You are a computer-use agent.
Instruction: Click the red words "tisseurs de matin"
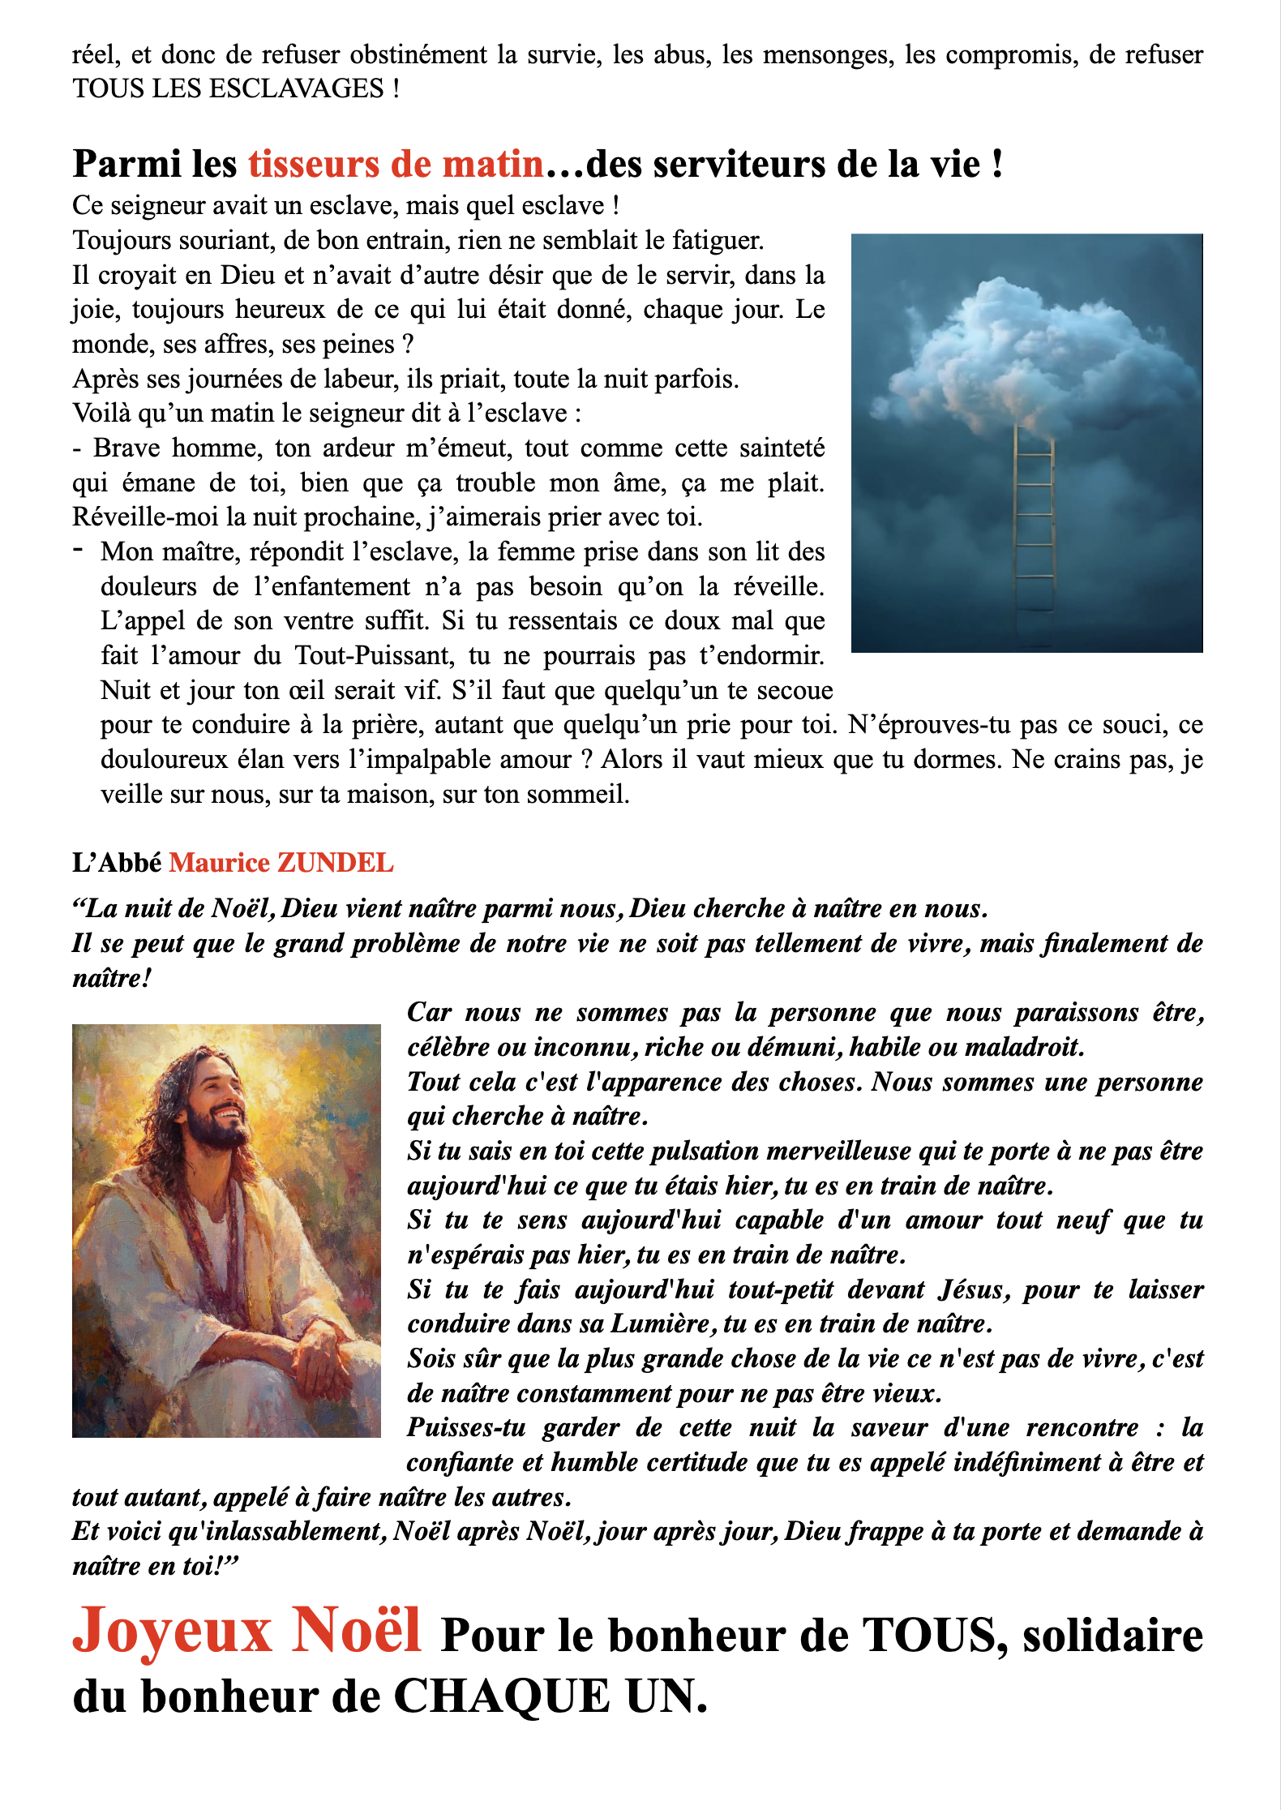click(396, 165)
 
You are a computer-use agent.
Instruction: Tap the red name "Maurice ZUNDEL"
click(281, 863)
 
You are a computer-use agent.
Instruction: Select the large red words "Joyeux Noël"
click(247, 1630)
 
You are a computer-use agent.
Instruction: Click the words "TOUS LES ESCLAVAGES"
click(228, 88)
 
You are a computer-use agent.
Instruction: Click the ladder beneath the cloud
click(1034, 527)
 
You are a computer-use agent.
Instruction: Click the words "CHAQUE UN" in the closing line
click(551, 1696)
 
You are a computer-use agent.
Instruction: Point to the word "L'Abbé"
click(117, 863)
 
